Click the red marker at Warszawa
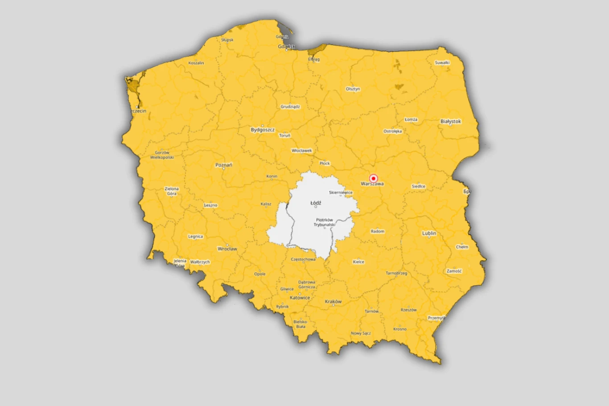click(x=374, y=178)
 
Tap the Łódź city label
click(x=316, y=203)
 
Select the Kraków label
click(x=333, y=302)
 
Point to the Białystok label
click(x=450, y=121)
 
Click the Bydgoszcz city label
click(x=263, y=130)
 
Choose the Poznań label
click(x=224, y=165)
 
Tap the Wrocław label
click(x=227, y=249)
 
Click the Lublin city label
click(x=429, y=233)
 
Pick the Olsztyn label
click(x=353, y=89)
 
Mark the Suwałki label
click(x=442, y=63)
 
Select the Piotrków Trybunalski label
click(x=324, y=222)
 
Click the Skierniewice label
click(x=341, y=193)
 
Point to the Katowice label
click(x=300, y=298)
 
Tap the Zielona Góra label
click(x=172, y=191)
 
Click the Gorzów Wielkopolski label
click(x=162, y=155)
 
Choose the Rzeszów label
click(x=408, y=310)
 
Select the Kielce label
click(x=358, y=262)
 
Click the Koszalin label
click(x=196, y=63)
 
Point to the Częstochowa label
click(x=303, y=259)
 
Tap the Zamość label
click(x=454, y=271)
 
